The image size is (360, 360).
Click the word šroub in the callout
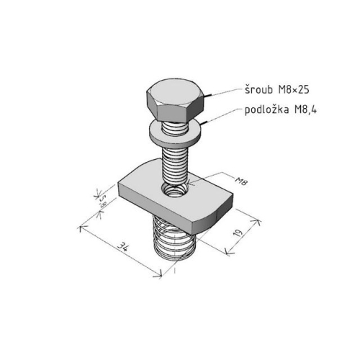click(x=258, y=89)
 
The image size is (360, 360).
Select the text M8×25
click(x=294, y=90)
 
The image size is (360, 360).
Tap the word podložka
click(x=266, y=109)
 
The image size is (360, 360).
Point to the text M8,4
click(x=305, y=110)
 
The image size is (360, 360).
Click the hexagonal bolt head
click(x=176, y=99)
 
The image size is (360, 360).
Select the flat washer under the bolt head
click(x=175, y=133)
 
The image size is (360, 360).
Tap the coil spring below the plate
click(x=174, y=240)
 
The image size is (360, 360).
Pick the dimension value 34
click(x=123, y=247)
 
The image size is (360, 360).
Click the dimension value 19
click(x=238, y=233)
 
